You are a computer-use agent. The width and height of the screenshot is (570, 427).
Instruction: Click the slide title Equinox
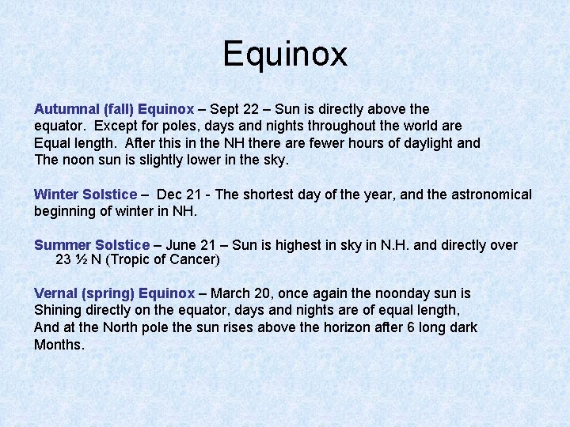285,55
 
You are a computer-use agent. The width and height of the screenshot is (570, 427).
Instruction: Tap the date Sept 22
234,109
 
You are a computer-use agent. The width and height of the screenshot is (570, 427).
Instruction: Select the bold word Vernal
55,293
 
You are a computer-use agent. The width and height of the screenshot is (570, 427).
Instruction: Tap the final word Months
59,345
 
